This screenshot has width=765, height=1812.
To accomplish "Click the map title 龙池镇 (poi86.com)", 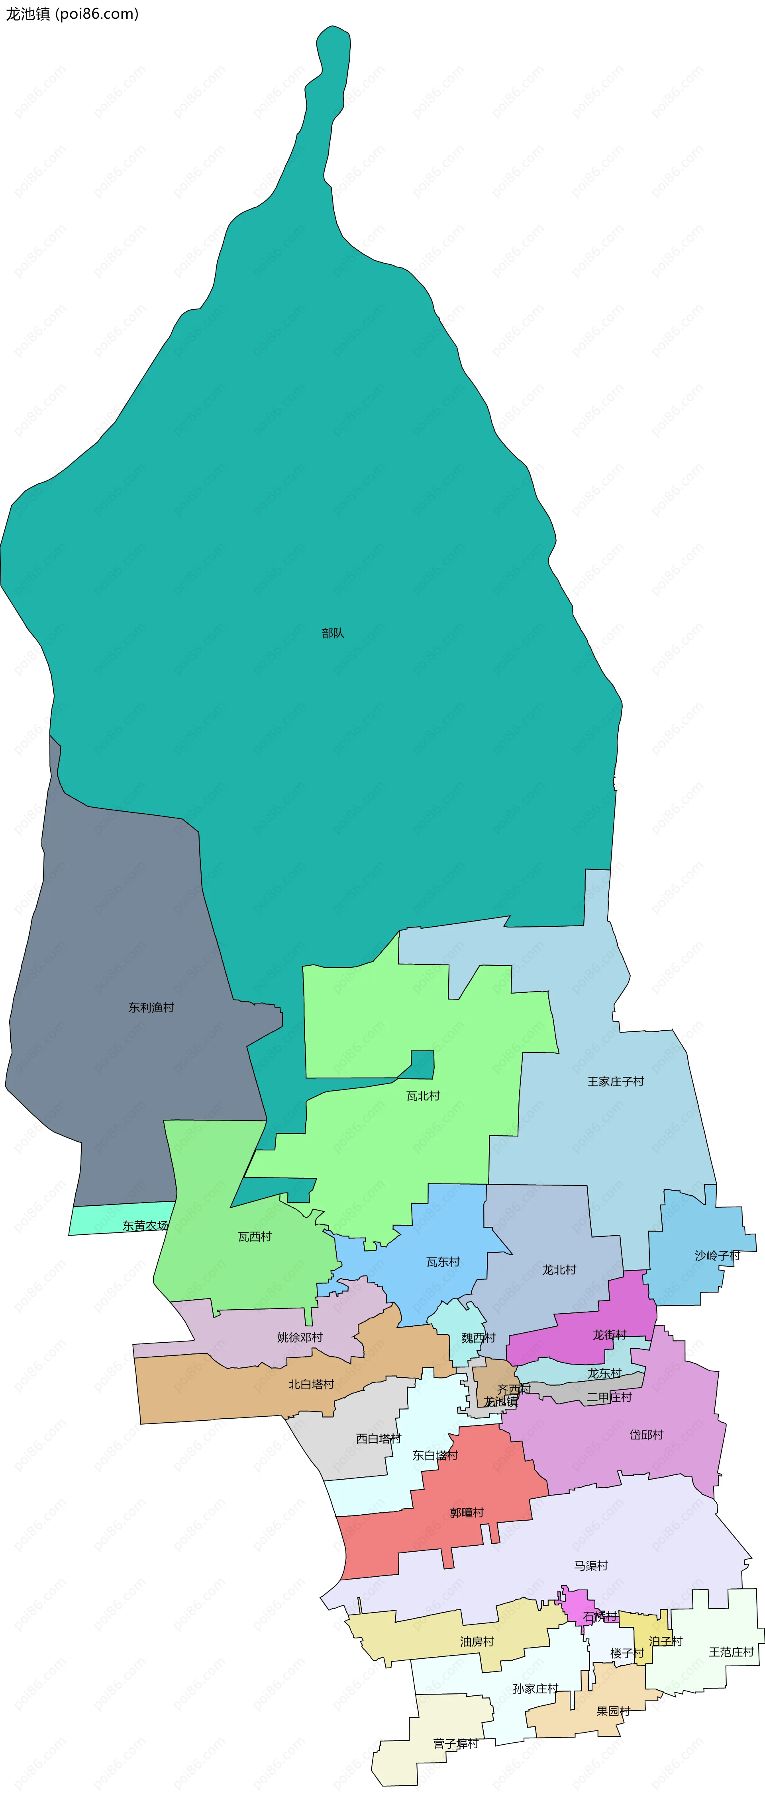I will tap(72, 14).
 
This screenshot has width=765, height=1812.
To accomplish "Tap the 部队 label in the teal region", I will tap(333, 633).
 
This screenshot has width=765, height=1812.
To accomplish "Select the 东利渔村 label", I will tap(151, 1007).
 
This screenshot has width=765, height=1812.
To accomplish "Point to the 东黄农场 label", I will tap(145, 1225).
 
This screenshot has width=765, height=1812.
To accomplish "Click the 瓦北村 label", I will tap(423, 1096).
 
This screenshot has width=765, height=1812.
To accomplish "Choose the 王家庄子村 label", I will tap(616, 1081).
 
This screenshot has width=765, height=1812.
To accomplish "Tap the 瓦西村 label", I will tap(255, 1237).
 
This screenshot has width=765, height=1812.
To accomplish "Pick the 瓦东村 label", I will tap(443, 1262).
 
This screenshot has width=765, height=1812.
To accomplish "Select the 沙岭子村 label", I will tap(717, 1256).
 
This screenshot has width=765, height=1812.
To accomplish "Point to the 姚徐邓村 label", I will tap(300, 1337).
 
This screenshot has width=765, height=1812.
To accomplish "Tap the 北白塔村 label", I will tap(311, 1384).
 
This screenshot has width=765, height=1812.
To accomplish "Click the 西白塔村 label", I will tap(379, 1439).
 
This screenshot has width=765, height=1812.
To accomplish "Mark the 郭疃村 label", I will tap(467, 1512).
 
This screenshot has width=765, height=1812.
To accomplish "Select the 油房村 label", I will tap(477, 1641).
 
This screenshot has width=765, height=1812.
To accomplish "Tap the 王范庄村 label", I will tap(731, 1652).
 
